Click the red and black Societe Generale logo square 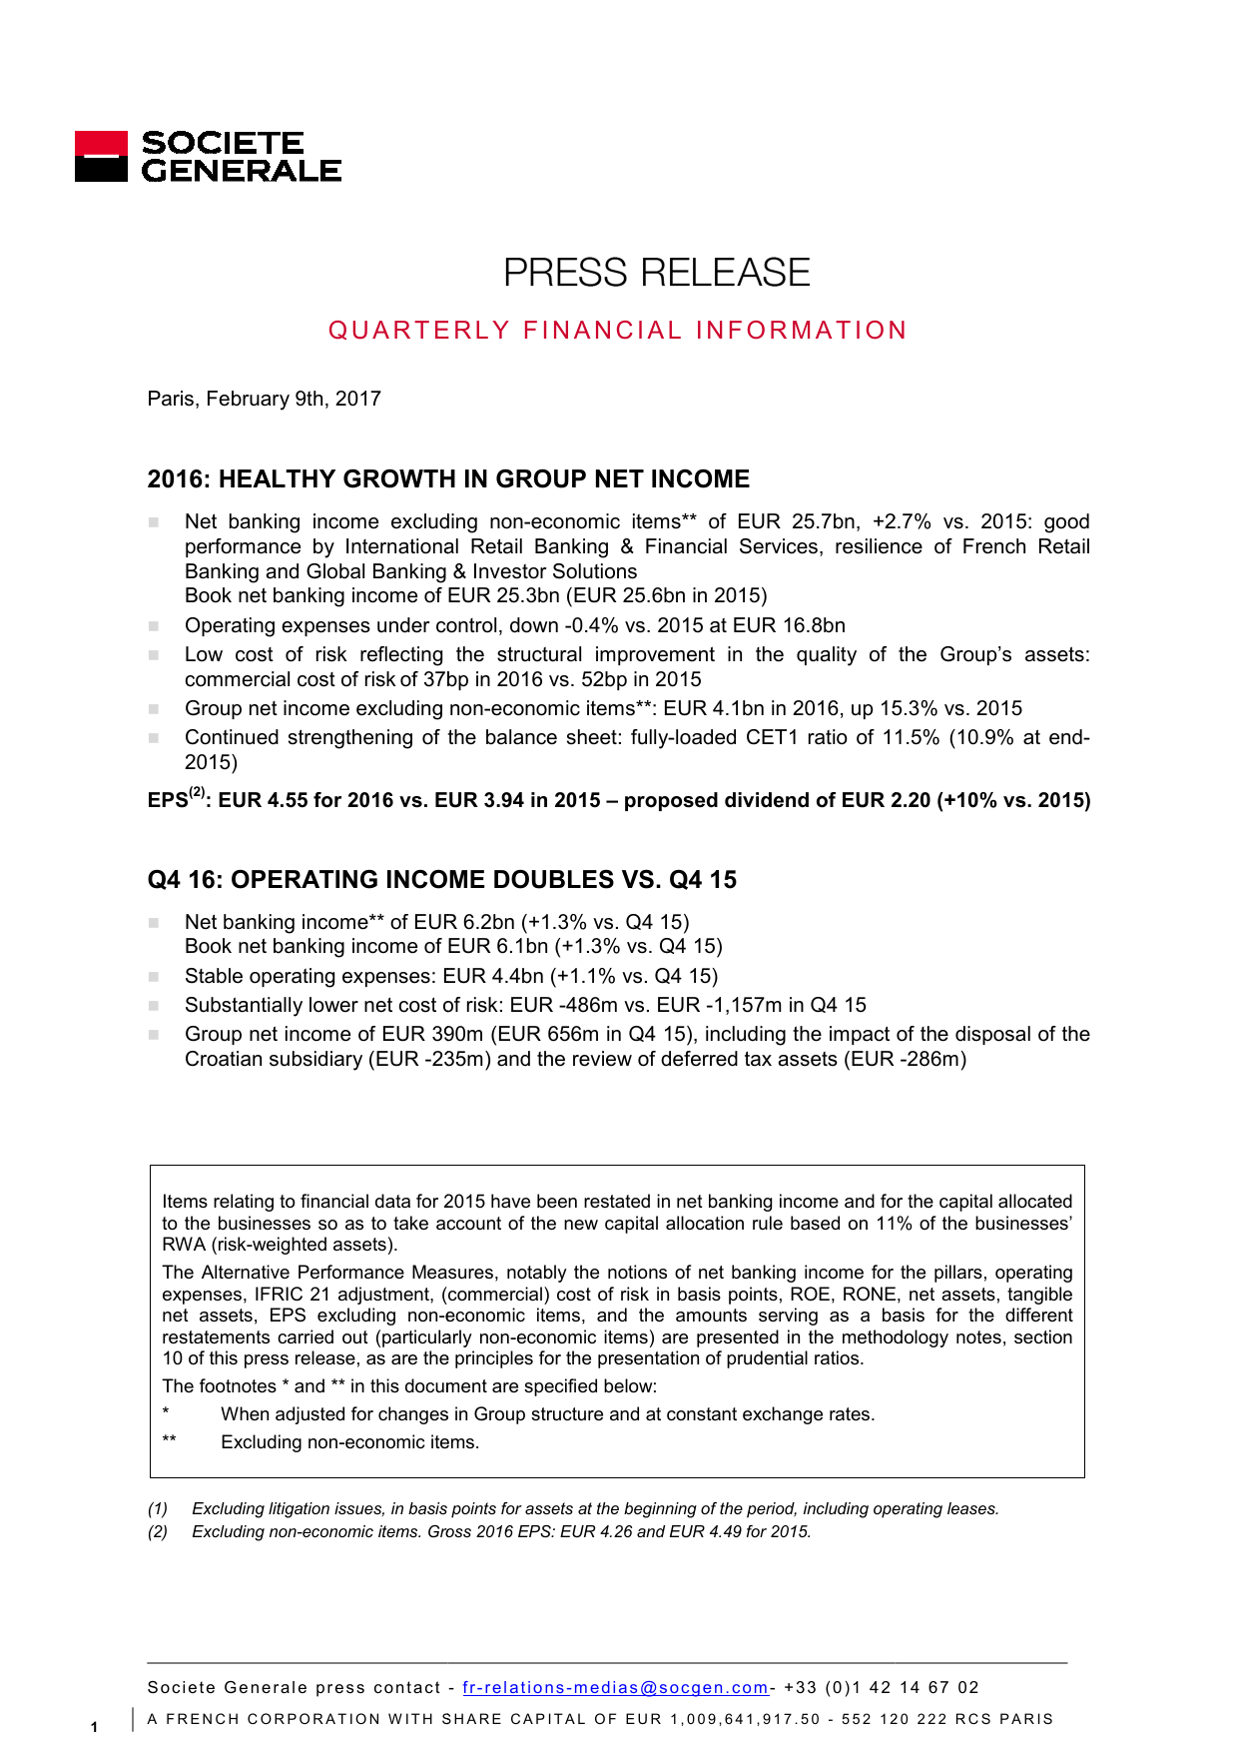(x=101, y=157)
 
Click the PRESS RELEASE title (x=656, y=273)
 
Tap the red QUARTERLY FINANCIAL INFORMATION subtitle (x=617, y=331)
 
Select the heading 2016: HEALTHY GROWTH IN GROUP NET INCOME (x=448, y=479)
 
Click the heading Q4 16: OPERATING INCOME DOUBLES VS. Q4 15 (x=441, y=880)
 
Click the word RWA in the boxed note (x=184, y=1245)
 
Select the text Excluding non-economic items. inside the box (x=349, y=1442)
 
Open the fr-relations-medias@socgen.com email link (x=615, y=1687)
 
